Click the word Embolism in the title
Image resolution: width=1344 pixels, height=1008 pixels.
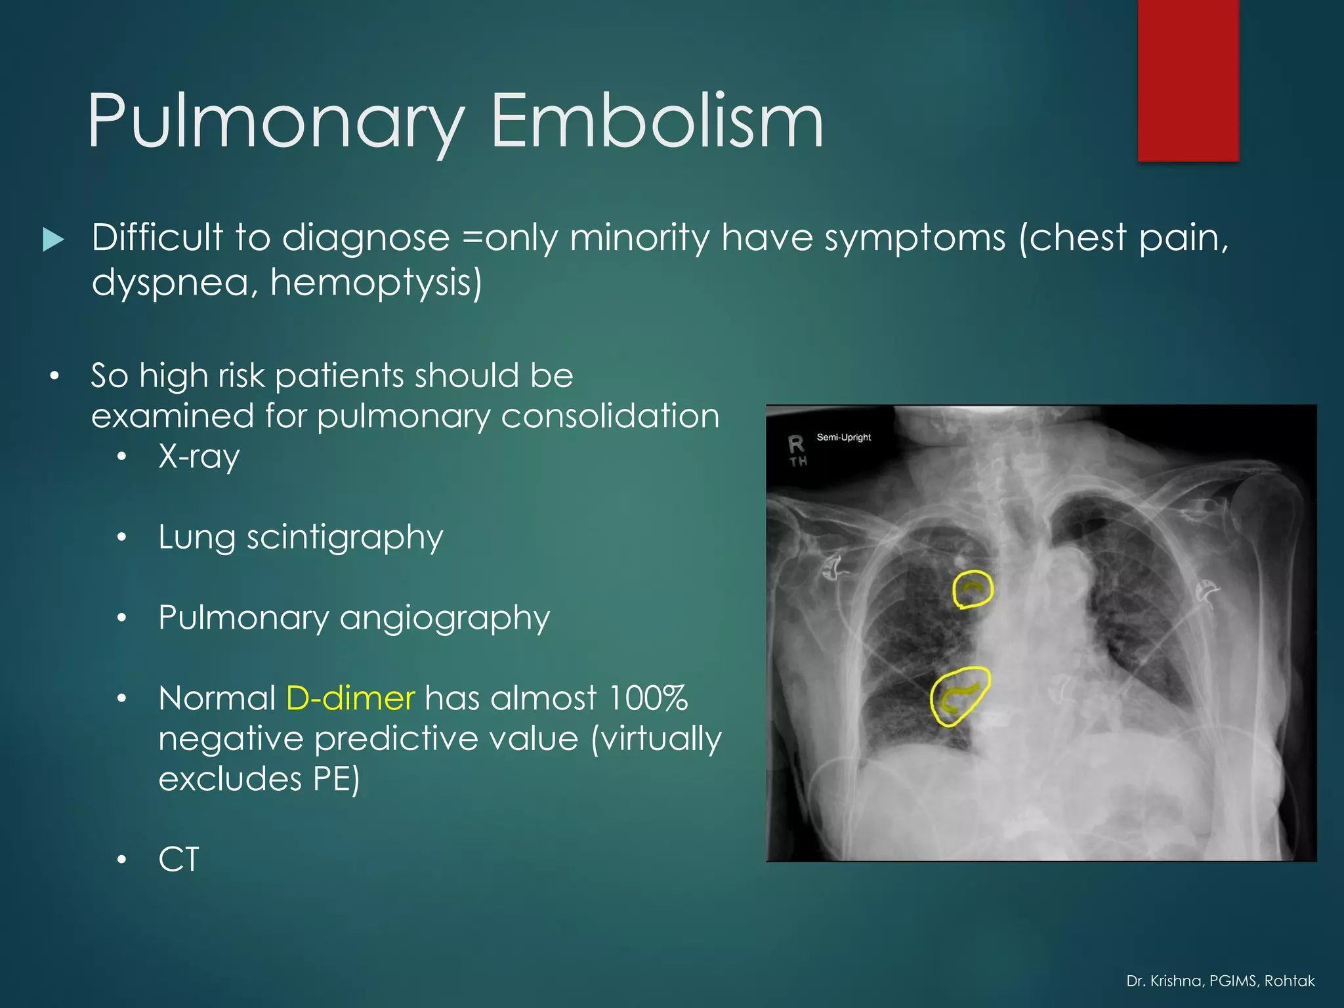[x=656, y=121]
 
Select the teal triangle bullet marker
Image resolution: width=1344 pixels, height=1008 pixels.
[x=53, y=240]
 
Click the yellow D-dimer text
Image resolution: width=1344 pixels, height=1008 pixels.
[x=350, y=698]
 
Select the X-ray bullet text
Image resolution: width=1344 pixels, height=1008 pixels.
[x=199, y=457]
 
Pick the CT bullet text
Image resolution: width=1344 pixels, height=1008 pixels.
[x=178, y=860]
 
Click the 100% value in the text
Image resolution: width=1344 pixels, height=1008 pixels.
[x=648, y=698]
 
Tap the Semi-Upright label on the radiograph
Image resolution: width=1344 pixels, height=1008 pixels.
[x=843, y=437]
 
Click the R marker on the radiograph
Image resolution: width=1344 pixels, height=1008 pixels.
[x=796, y=445]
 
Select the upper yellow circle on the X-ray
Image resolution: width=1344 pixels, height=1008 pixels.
[x=973, y=589]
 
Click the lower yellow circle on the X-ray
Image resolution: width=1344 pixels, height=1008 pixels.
[x=959, y=696]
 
